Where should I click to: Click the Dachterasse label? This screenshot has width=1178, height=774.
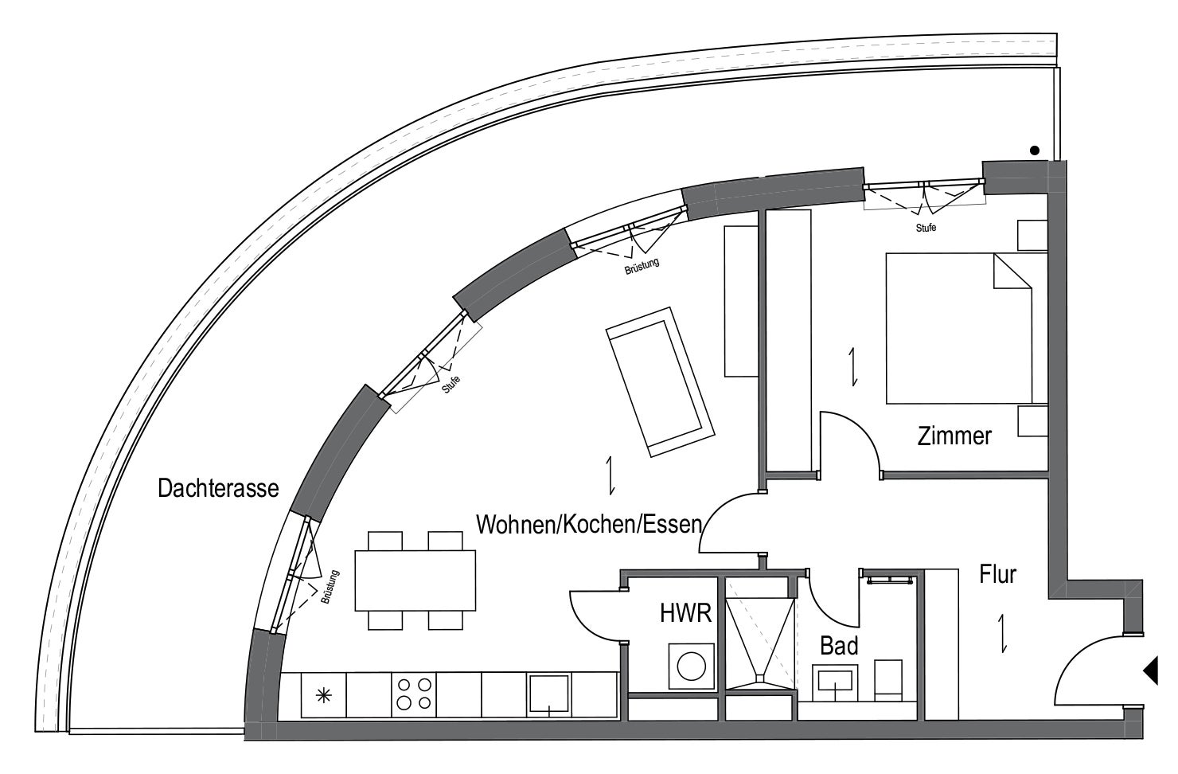[218, 488]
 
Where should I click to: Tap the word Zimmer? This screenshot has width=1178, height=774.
[954, 436]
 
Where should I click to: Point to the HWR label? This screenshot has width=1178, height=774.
[686, 613]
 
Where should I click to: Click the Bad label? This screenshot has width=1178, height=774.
[839, 646]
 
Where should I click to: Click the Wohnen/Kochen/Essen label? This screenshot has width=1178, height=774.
[589, 524]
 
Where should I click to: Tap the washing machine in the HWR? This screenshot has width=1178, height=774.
[692, 666]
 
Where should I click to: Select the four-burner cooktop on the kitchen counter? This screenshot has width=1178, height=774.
[414, 694]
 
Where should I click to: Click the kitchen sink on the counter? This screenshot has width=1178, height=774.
[549, 694]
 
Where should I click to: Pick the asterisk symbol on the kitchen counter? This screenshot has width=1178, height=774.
[323, 696]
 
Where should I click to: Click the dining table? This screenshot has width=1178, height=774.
[415, 580]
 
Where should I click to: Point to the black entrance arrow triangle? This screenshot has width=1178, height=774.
[1151, 670]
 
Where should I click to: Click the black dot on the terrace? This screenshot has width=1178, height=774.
[1035, 150]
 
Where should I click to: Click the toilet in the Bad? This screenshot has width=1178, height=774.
[888, 680]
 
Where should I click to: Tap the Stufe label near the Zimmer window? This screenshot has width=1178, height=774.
[926, 228]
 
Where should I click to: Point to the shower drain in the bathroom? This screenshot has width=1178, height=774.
[760, 678]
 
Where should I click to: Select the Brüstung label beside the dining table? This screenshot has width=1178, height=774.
[330, 587]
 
